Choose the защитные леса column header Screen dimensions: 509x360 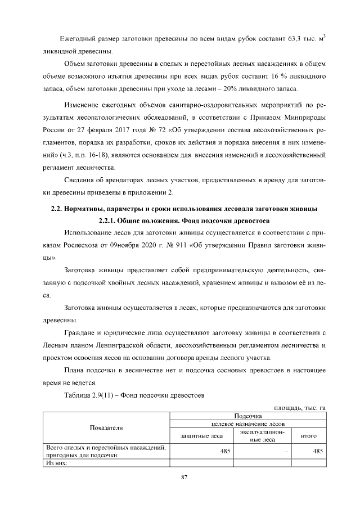(x=201, y=435)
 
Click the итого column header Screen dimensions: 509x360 (x=309, y=435)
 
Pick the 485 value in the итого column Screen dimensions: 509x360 (x=317, y=451)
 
